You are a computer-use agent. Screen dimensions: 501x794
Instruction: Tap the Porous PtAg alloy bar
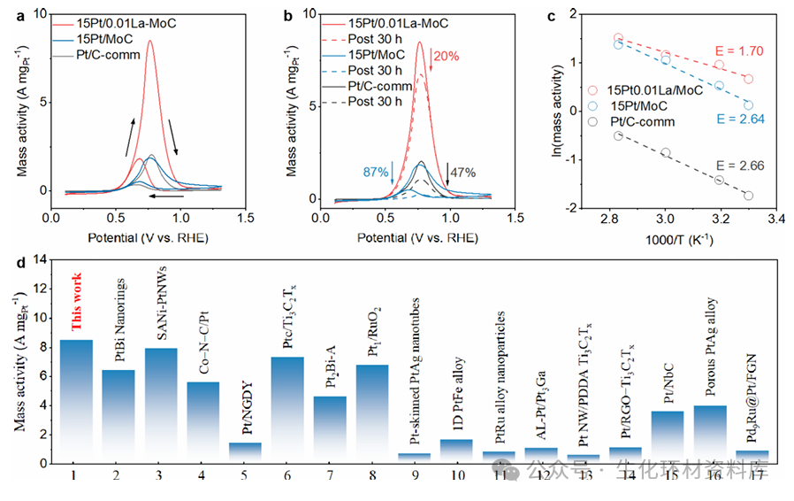tap(709, 434)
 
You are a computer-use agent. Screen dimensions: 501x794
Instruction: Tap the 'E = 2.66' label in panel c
tap(742, 166)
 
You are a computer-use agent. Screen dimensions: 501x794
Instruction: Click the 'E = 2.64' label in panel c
tap(743, 119)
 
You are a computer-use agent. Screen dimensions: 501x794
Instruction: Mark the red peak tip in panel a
tap(149, 41)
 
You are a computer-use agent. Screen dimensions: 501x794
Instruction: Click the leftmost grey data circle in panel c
tap(618, 135)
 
